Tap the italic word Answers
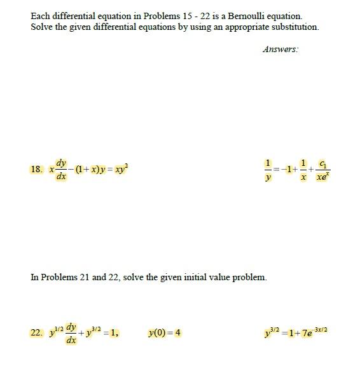tap(280, 49)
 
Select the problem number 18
tap(36, 170)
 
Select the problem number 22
tap(36, 332)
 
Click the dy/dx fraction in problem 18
tap(61, 169)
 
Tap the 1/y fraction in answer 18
tap(268, 169)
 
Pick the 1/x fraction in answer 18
tap(304, 169)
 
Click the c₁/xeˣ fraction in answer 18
tap(322, 169)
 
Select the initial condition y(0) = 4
tap(164, 332)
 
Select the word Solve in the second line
tap(41, 27)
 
